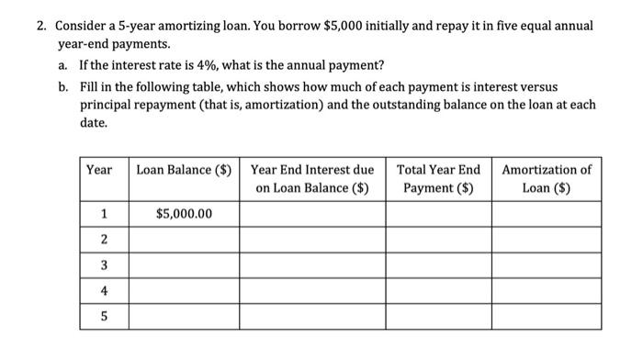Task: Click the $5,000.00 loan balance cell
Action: pyautogui.click(x=184, y=214)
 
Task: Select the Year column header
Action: pyautogui.click(x=99, y=170)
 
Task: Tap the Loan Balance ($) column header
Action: pyautogui.click(x=185, y=170)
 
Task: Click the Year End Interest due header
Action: pyautogui.click(x=312, y=179)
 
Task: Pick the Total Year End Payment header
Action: pyautogui.click(x=437, y=179)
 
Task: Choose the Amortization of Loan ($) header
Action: pyautogui.click(x=546, y=179)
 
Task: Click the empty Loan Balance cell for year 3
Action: pyautogui.click(x=184, y=265)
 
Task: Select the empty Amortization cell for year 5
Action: pyautogui.click(x=546, y=317)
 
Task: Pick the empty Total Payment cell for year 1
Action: pyautogui.click(x=437, y=214)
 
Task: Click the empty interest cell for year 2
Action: pyautogui.click(x=312, y=240)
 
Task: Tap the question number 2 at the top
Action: pyautogui.click(x=41, y=26)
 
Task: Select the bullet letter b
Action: pyautogui.click(x=62, y=86)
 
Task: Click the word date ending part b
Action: pyautogui.click(x=93, y=122)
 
